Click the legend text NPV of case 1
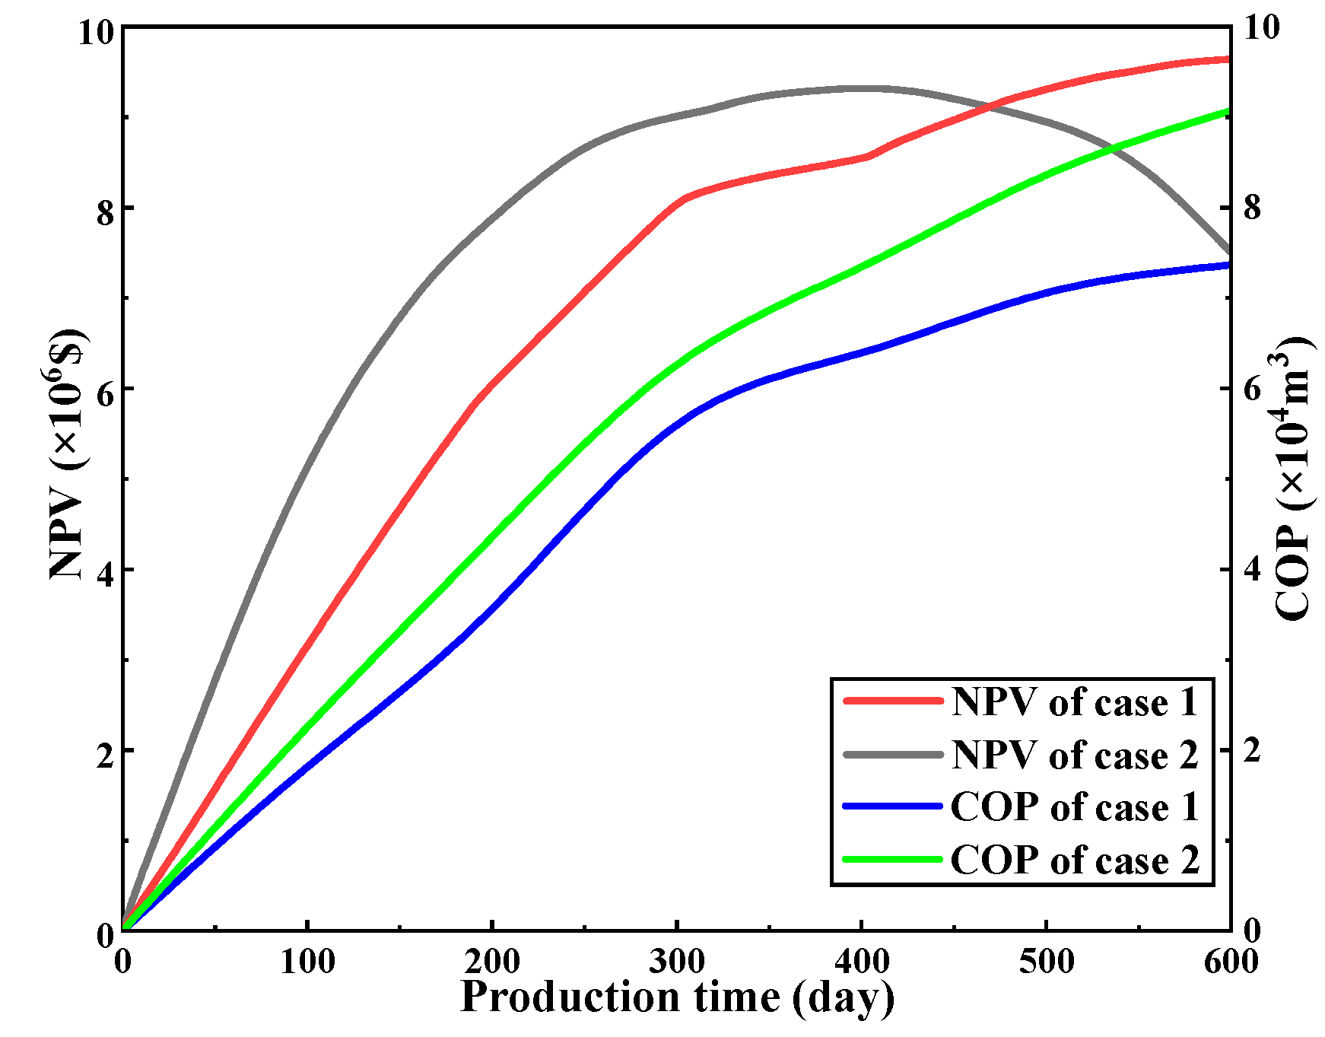[x=1074, y=702]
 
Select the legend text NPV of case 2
[x=1074, y=755]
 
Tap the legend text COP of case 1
[x=1074, y=807]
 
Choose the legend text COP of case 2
[x=1074, y=860]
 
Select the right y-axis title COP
[x=1293, y=479]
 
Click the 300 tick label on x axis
[x=676, y=962]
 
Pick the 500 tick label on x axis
[x=1046, y=962]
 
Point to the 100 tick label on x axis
[x=307, y=962]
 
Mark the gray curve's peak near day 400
[x=863, y=88]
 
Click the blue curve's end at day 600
[x=1228, y=265]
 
